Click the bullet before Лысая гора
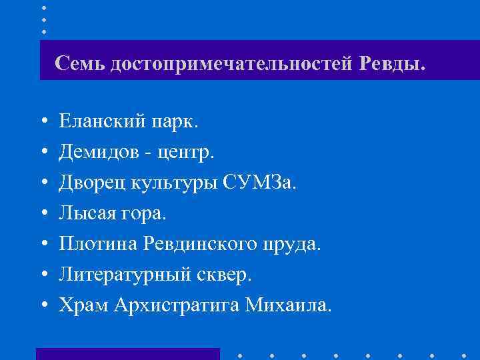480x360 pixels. pos(43,214)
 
